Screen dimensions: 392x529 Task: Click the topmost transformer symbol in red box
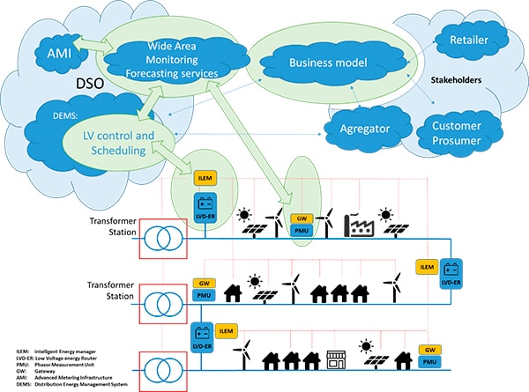161,237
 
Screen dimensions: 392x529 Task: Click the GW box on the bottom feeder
429,350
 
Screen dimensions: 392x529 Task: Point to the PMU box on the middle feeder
202,295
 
